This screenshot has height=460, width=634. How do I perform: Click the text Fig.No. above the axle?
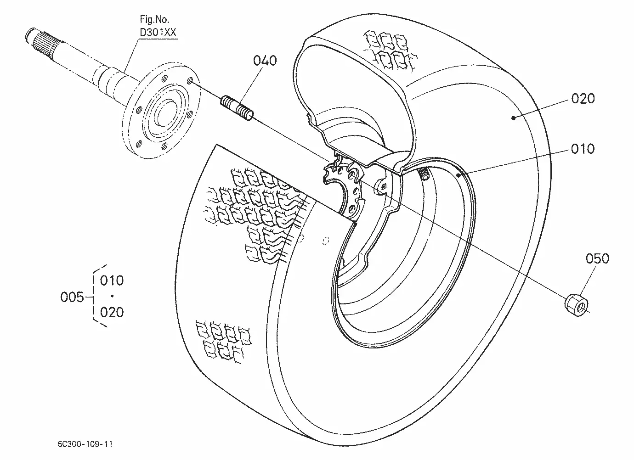[x=154, y=20]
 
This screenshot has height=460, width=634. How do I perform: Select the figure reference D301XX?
[x=158, y=32]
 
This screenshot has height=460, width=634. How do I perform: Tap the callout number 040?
[x=265, y=61]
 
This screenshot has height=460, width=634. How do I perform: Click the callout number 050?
[x=597, y=258]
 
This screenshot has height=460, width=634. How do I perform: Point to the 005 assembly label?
[x=72, y=297]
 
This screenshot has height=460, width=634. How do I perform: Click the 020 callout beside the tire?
[x=583, y=99]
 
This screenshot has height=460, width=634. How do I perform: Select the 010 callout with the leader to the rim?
[x=583, y=149]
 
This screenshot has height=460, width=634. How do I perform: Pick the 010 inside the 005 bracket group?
[x=112, y=280]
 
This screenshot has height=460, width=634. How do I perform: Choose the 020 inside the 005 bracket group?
[x=112, y=313]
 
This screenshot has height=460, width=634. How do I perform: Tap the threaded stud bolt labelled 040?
[x=237, y=108]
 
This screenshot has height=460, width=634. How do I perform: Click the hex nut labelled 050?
[x=576, y=305]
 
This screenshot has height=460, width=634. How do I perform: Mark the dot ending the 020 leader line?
[x=514, y=118]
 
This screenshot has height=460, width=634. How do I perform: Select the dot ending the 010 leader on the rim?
[x=459, y=175]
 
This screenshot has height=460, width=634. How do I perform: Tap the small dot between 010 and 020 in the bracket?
[x=112, y=296]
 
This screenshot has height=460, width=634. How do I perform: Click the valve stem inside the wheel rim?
[x=424, y=173]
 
